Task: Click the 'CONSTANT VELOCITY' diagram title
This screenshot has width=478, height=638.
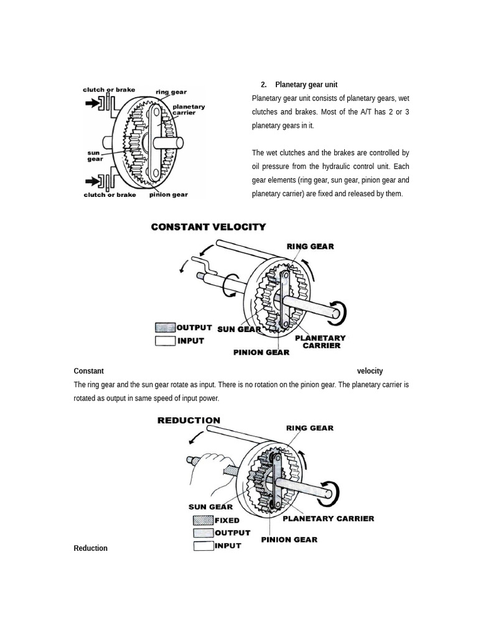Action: [209, 227]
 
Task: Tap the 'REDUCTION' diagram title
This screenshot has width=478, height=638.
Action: [189, 421]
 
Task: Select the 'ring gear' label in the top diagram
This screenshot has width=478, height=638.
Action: [171, 92]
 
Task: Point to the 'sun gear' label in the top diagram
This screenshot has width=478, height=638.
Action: [95, 155]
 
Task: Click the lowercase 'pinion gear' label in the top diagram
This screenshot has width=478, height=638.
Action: [168, 195]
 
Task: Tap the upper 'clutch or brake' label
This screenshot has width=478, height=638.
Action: [109, 90]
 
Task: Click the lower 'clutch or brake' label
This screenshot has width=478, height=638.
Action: [110, 195]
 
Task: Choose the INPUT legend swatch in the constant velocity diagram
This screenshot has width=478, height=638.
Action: [165, 341]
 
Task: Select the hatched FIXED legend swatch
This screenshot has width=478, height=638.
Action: [203, 520]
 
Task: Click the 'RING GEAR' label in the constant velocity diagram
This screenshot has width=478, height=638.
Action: [310, 247]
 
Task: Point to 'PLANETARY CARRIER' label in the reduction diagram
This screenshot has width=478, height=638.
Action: [329, 518]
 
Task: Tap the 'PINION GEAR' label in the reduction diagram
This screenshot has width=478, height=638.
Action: [289, 540]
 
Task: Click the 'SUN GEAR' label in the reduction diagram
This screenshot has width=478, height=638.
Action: [210, 507]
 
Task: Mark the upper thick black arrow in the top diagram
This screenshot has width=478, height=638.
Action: [92, 104]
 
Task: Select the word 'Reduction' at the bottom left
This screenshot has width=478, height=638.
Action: [91, 548]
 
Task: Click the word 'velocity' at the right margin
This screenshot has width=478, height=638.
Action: [370, 371]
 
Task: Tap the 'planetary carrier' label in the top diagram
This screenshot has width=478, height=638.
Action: [189, 110]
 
